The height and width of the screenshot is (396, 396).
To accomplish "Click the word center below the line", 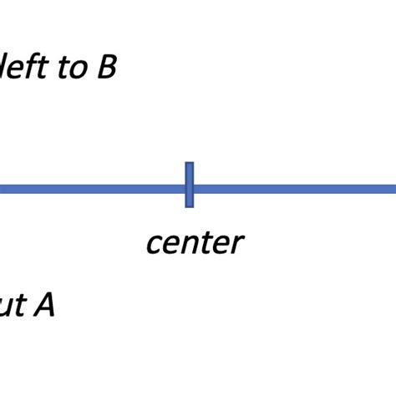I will pos(194,243).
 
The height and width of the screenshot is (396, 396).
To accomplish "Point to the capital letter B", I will pos(106,67).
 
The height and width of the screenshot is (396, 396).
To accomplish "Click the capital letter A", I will pos(43,306).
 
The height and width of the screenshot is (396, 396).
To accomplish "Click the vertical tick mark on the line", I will pos(190,185).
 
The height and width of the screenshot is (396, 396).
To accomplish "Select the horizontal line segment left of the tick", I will pos(92,189).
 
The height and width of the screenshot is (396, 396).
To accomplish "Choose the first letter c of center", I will pos(154,245).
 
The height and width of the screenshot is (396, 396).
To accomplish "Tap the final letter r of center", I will pos(236,245).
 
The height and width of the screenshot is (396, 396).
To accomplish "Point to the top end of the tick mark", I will pos(190,165).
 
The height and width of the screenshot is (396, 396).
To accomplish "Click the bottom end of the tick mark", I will pos(190,205).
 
